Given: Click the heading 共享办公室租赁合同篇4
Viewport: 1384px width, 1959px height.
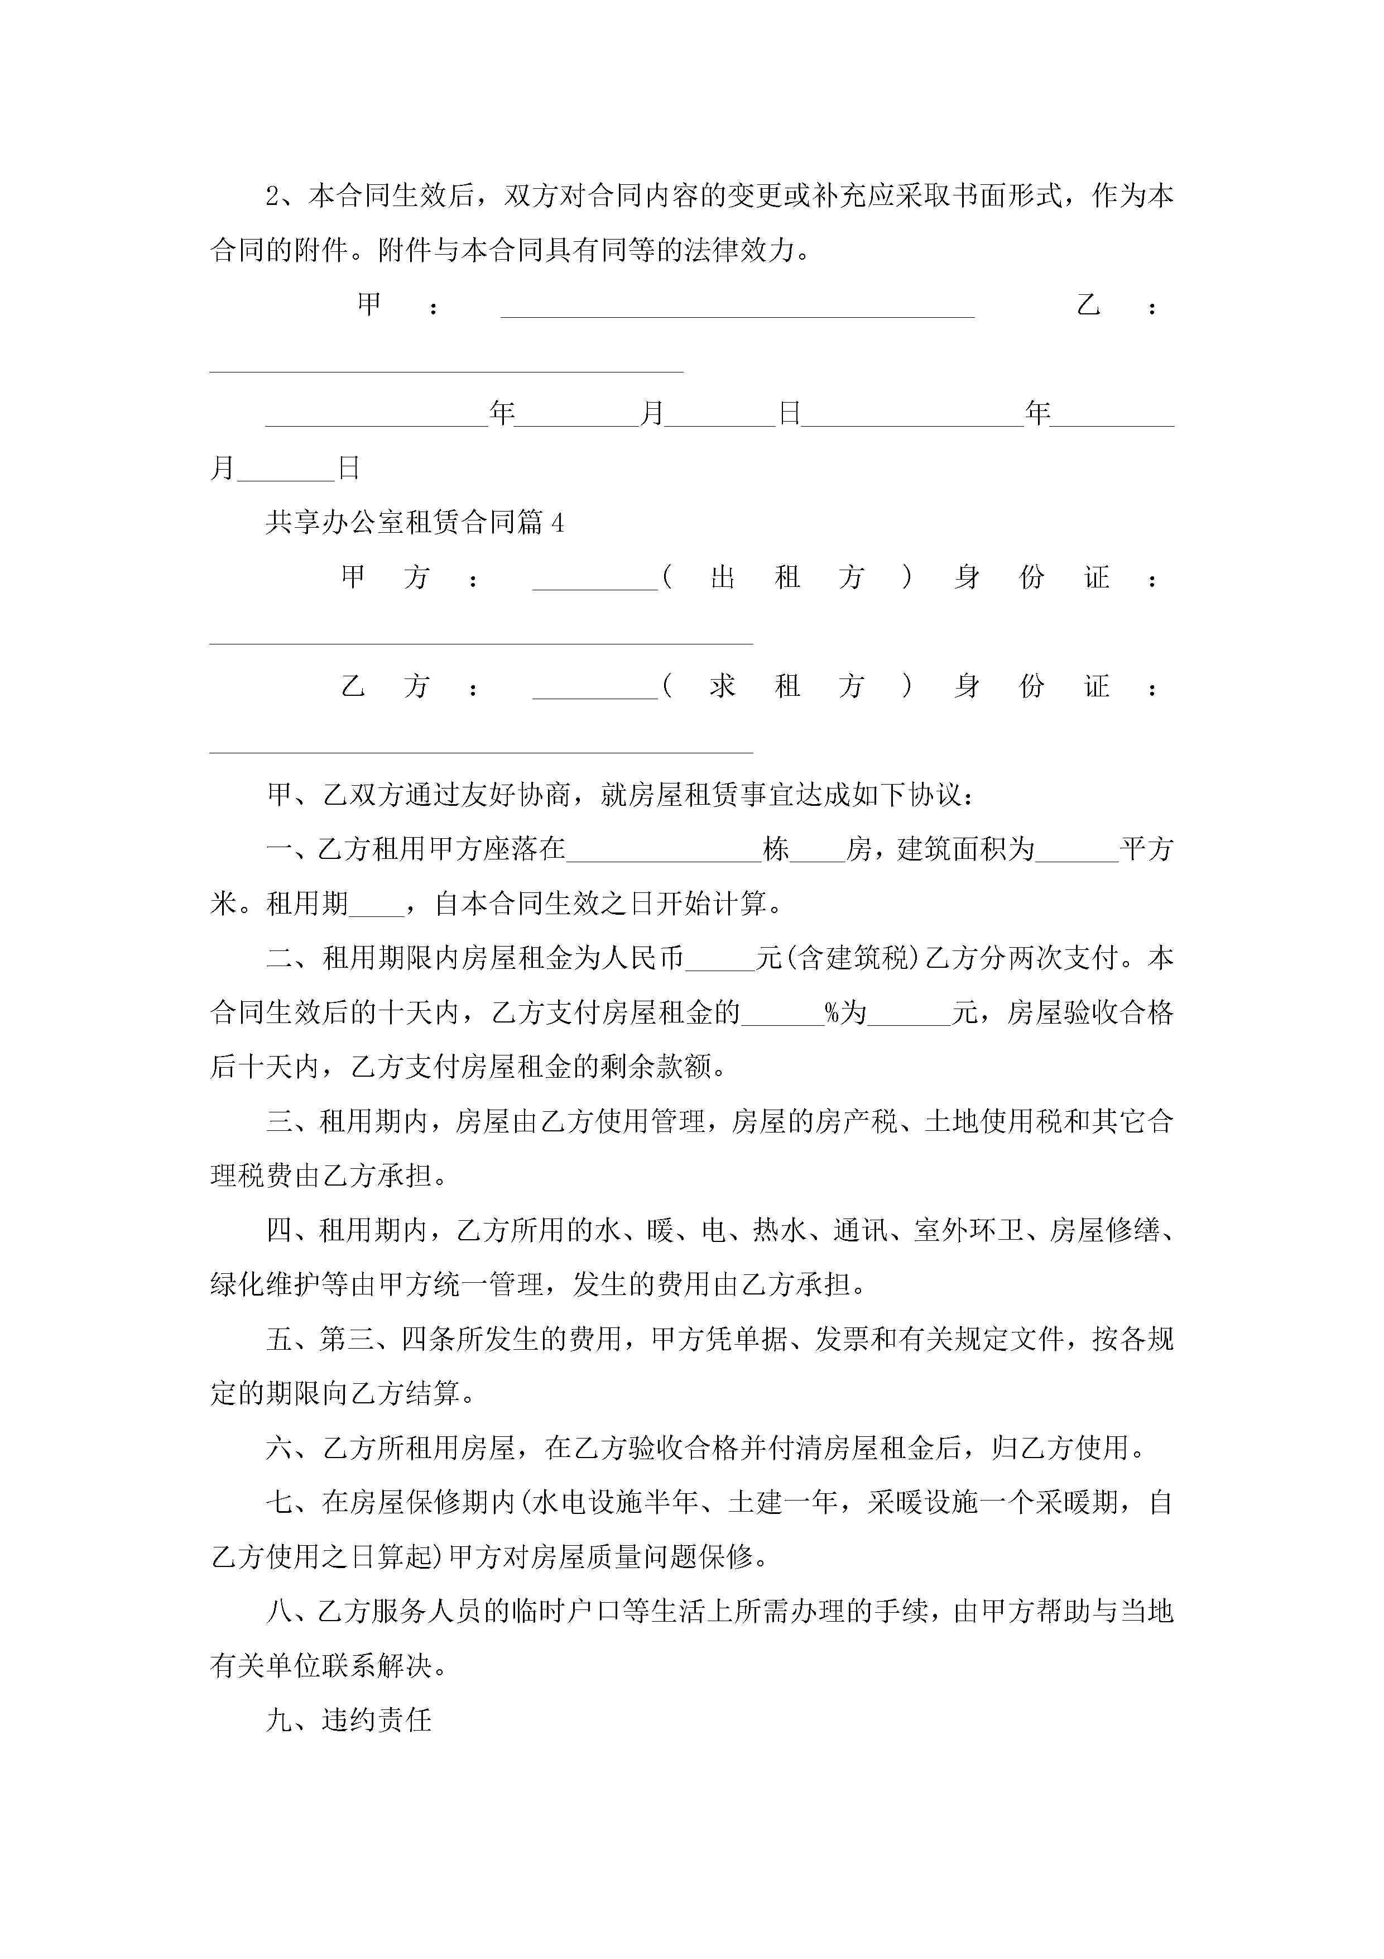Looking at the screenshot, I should point(415,522).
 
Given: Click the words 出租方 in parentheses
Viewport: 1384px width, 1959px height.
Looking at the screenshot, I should point(787,577).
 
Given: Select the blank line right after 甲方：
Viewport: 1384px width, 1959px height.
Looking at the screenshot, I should point(594,580).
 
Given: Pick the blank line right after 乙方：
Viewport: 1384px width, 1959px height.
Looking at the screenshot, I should point(594,690).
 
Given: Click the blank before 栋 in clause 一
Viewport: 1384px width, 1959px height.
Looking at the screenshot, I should point(664,852).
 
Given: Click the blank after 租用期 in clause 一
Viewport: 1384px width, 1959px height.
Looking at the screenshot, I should point(376,906).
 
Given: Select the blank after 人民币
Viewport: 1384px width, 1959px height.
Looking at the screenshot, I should point(720,961).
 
